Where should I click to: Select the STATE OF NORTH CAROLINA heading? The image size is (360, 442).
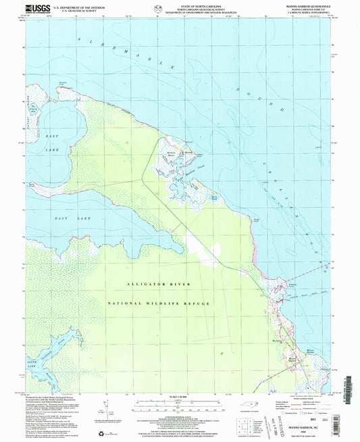pyautogui.click(x=180, y=7)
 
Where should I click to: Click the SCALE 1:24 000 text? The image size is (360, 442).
pyautogui.click(x=180, y=397)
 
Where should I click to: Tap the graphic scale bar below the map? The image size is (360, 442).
pyautogui.click(x=180, y=406)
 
